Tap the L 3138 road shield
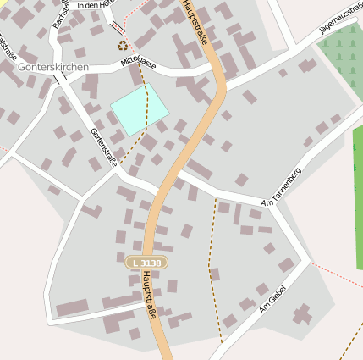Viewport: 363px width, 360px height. tap(146, 263)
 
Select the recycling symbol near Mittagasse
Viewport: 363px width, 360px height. tap(124, 46)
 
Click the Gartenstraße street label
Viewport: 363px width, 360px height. tap(102, 146)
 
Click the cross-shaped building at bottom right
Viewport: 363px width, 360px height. tap(302, 315)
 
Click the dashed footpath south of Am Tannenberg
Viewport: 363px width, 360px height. tap(211, 263)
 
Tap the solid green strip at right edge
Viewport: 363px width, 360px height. tap(358, 203)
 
